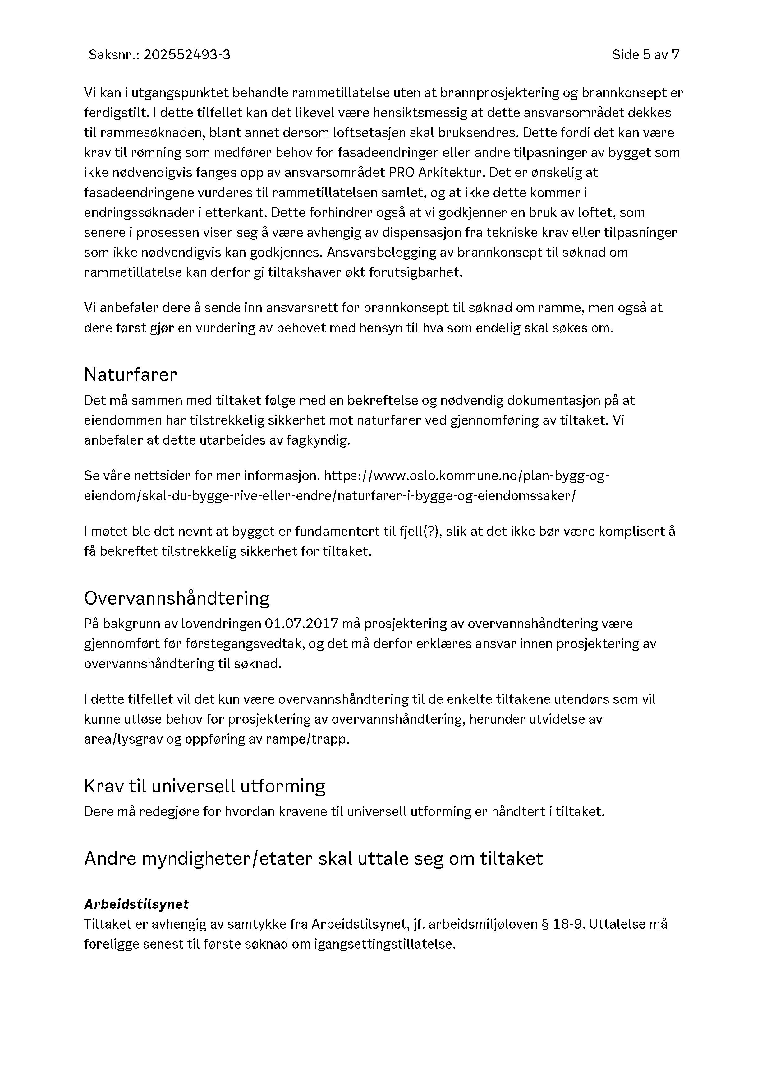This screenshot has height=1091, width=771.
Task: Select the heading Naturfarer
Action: click(130, 375)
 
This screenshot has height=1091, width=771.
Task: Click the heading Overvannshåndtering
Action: click(177, 598)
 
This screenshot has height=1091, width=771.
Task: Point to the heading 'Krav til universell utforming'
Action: click(204, 787)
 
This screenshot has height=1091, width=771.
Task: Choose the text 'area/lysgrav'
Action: click(123, 740)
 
